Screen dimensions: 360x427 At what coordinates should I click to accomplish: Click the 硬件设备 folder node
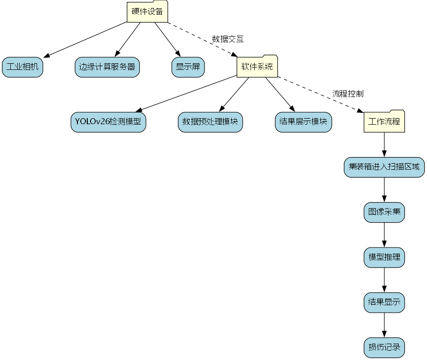[147, 12]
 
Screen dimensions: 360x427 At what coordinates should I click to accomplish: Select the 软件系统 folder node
[257, 67]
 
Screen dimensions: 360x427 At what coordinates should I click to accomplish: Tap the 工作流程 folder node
[384, 122]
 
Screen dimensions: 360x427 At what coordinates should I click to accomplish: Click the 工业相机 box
[23, 67]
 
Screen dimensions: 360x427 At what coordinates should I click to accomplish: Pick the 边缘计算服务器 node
[107, 67]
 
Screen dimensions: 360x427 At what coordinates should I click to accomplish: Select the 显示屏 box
[188, 67]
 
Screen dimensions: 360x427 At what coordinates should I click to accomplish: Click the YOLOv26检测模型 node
[108, 122]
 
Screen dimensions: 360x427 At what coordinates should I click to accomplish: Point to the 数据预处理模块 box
[210, 122]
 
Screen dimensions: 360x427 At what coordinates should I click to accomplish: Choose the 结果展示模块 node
[303, 122]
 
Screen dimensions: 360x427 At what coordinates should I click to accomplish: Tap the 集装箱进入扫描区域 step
[384, 167]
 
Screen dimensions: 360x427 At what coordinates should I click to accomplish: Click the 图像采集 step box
[384, 212]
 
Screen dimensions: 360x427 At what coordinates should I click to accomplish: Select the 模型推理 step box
[384, 257]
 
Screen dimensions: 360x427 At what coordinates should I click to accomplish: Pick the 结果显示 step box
[384, 302]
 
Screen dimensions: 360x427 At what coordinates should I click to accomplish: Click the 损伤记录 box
[384, 347]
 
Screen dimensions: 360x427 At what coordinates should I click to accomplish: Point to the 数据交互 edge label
[228, 39]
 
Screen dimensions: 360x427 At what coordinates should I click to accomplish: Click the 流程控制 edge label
[348, 93]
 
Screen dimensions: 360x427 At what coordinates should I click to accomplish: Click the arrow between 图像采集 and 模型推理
[384, 234]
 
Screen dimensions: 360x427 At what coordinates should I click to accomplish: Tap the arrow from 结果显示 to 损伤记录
[384, 325]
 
